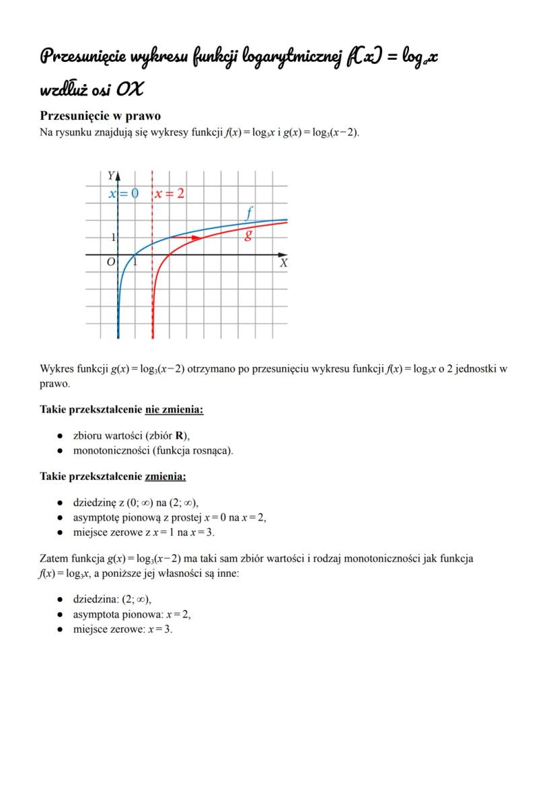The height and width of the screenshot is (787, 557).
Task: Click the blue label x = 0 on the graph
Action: (x=124, y=194)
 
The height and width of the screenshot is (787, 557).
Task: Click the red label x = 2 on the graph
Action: (x=170, y=194)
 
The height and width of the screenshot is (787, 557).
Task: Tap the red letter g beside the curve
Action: (x=249, y=235)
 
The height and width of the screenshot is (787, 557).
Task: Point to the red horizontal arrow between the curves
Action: (x=184, y=238)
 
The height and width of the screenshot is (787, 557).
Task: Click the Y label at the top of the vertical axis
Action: (x=111, y=176)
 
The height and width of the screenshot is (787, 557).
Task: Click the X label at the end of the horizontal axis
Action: (x=284, y=264)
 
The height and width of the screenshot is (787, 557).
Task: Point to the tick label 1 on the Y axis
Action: (x=114, y=238)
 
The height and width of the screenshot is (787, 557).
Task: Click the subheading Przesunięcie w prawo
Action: (x=100, y=116)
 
